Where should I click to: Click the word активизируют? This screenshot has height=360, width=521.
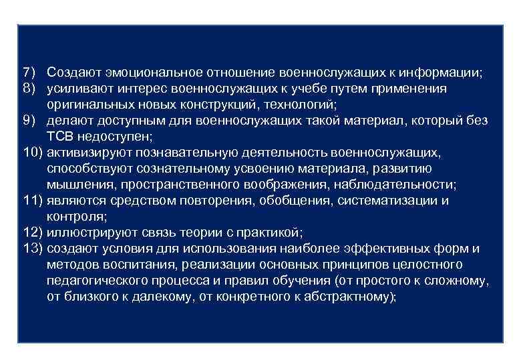91,153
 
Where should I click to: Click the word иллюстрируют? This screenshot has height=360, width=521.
91,233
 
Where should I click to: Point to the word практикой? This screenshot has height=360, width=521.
270,233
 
